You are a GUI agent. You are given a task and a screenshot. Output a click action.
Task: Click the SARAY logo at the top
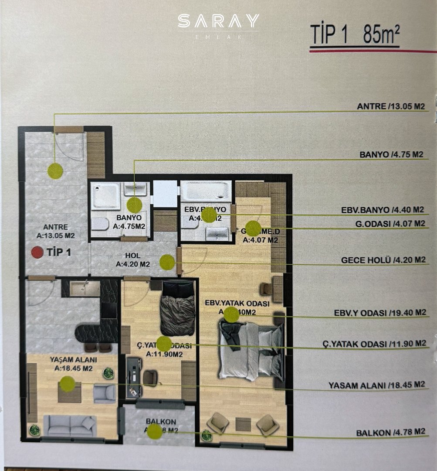coord(218,22)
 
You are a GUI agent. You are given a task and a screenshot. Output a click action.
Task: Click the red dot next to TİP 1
coord(38,252)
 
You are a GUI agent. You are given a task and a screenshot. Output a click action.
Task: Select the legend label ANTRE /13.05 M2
coord(390,106)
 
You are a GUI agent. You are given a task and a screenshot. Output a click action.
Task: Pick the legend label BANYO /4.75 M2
coord(392,154)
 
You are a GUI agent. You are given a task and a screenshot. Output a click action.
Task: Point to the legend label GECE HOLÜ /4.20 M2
coord(383,260)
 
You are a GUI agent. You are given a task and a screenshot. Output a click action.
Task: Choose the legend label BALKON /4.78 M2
coord(390,432)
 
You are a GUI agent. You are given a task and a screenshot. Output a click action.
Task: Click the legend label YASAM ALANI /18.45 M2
coord(376,385)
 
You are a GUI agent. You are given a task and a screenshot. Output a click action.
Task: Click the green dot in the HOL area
coord(167,262)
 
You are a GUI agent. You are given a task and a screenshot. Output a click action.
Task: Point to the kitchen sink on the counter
coord(85,288)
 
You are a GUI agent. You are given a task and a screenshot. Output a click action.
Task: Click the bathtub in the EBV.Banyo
coord(206,191)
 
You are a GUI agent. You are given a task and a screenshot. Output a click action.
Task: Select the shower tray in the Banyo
coord(105,196)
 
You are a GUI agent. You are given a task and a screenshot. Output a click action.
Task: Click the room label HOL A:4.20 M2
coord(133,260)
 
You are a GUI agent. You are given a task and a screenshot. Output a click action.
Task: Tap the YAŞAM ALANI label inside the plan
coord(73,364)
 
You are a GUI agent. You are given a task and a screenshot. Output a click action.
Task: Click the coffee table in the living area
coord(69,392)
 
